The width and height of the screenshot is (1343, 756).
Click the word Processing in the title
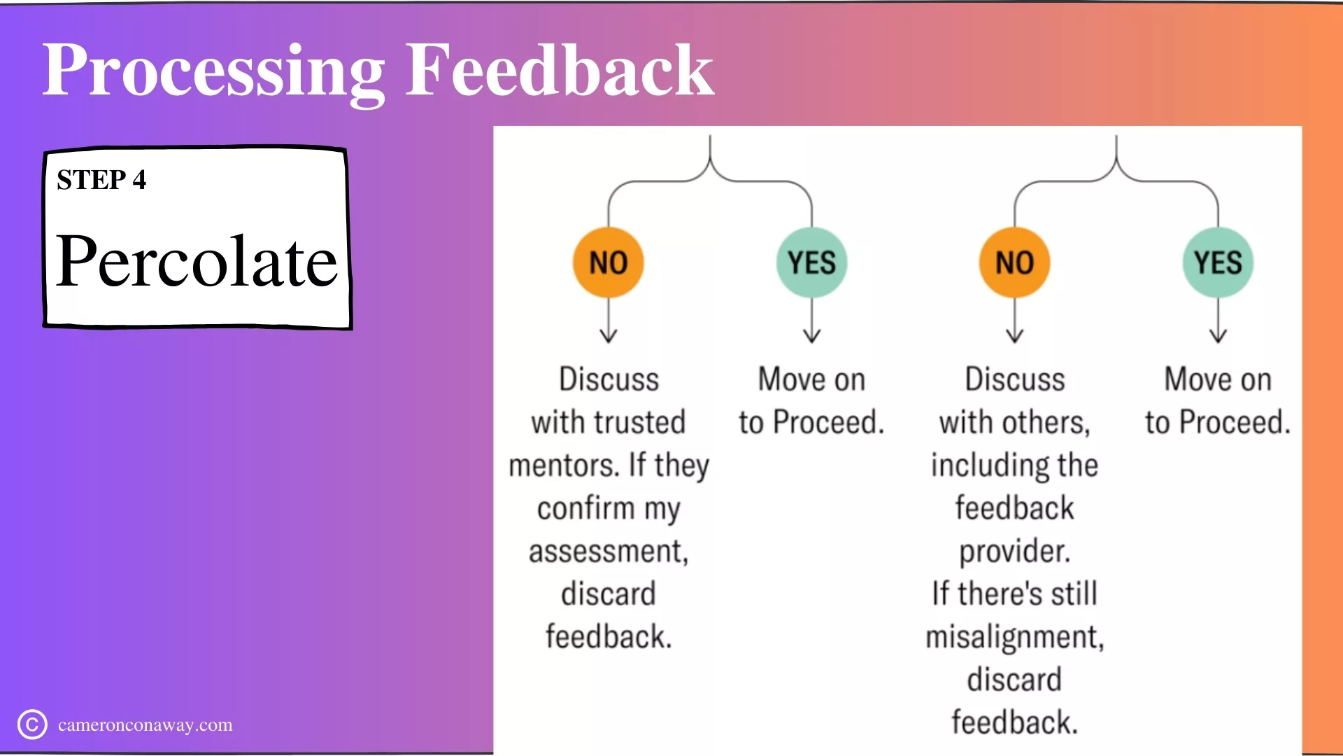(x=213, y=72)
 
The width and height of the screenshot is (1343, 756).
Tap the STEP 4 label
(x=101, y=180)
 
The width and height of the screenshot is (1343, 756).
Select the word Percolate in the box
(x=197, y=260)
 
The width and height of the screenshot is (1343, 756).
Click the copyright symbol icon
(x=32, y=724)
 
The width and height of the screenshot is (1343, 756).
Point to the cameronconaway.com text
(x=145, y=724)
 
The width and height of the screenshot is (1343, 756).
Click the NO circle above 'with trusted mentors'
(x=609, y=262)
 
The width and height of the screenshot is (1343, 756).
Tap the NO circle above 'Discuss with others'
(x=1014, y=262)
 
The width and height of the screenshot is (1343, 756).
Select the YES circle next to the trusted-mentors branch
(x=811, y=262)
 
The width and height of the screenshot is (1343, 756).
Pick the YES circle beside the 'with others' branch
(x=1218, y=262)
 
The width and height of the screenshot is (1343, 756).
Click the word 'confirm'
(x=585, y=507)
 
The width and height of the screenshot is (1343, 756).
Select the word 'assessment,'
(x=609, y=552)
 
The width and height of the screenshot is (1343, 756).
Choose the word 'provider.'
(x=1015, y=552)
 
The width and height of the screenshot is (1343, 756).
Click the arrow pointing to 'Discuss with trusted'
(x=609, y=321)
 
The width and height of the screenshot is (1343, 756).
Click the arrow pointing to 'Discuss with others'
(x=1014, y=321)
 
